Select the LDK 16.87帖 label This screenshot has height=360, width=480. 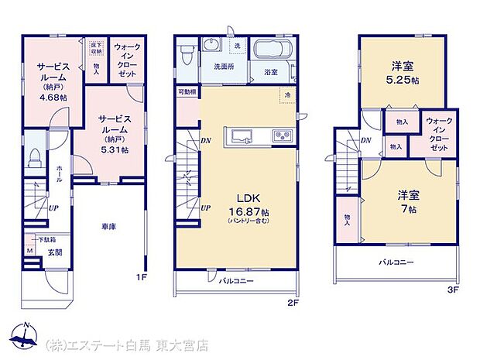(x=248, y=207)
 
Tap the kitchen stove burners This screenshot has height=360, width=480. (x=280, y=136)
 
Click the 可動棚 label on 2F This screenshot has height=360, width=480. (x=187, y=92)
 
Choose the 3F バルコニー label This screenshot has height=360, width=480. (x=396, y=263)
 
